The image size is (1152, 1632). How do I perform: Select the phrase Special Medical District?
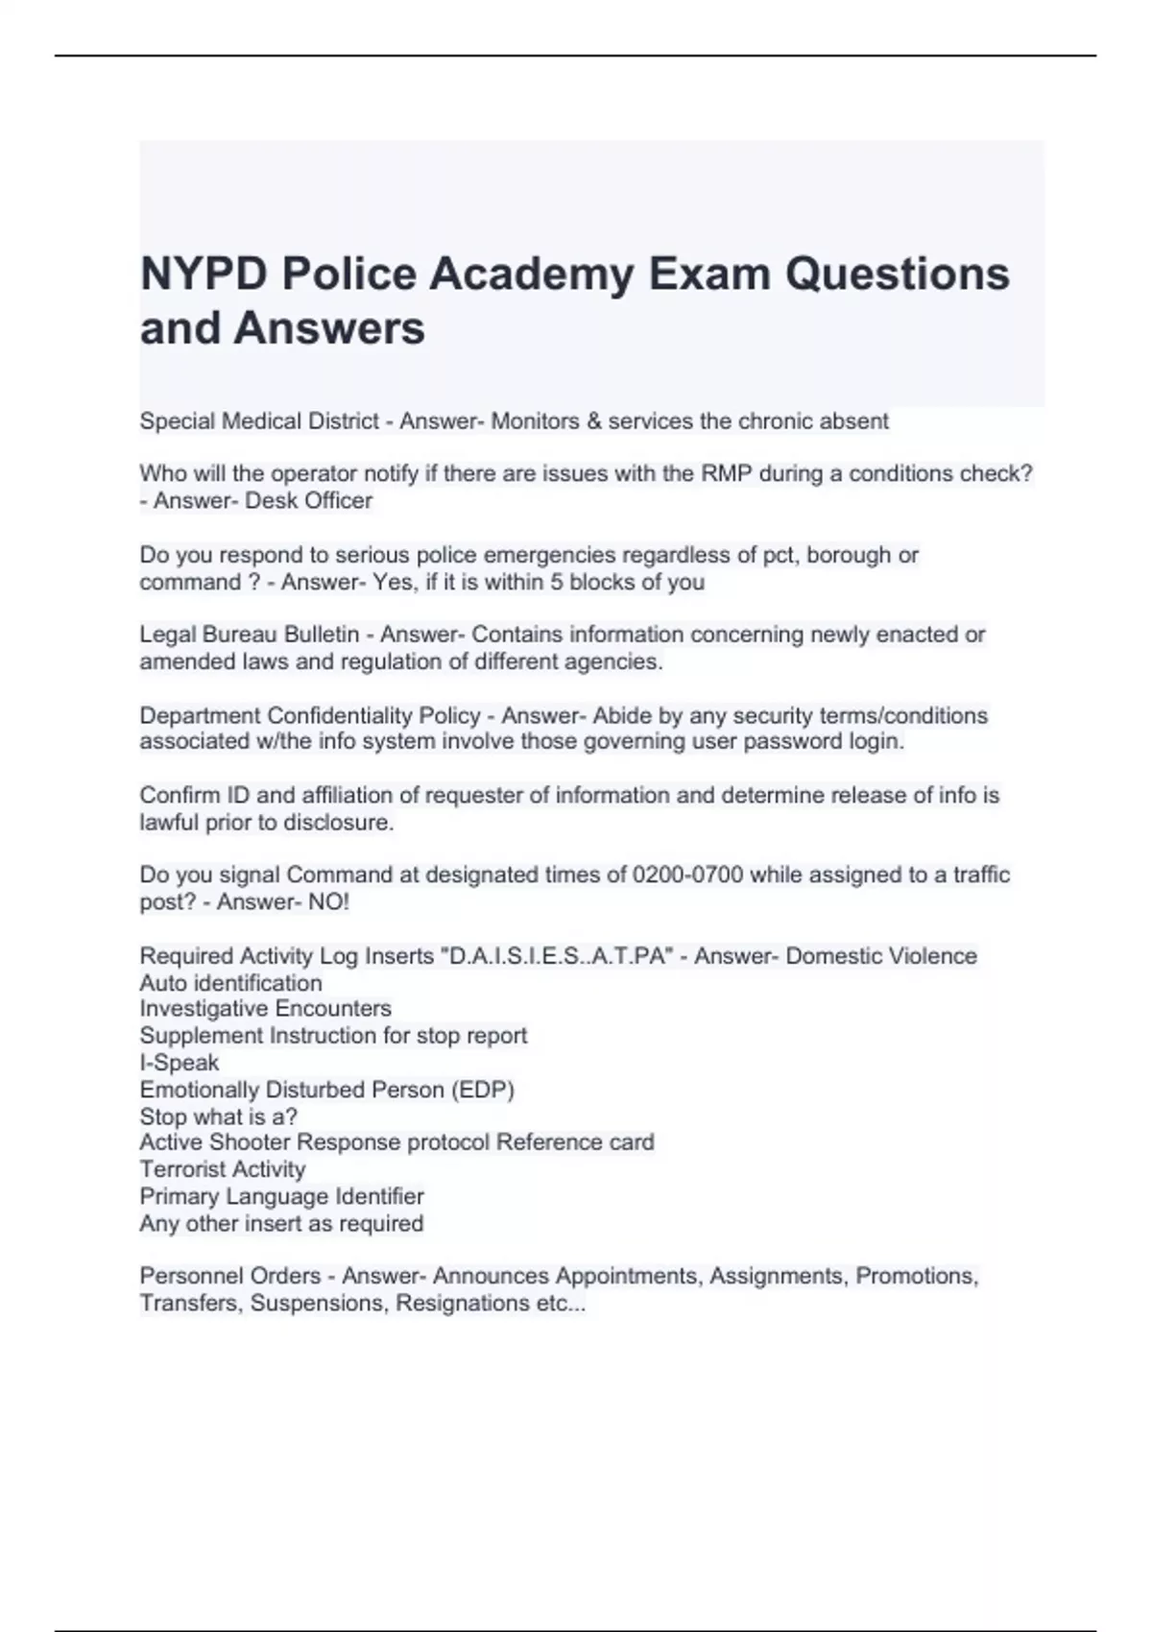258,421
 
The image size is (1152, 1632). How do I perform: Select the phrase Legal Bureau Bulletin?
249,636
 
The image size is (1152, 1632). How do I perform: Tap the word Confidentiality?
373,716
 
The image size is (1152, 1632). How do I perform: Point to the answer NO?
328,902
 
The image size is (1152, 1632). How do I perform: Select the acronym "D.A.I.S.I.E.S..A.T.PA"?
554,956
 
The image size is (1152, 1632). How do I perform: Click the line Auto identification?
230,983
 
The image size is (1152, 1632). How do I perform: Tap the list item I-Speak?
180,1063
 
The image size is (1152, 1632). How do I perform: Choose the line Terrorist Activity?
223,1169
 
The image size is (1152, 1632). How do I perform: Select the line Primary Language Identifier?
281,1196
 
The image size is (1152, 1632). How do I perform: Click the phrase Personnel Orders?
230,1276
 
